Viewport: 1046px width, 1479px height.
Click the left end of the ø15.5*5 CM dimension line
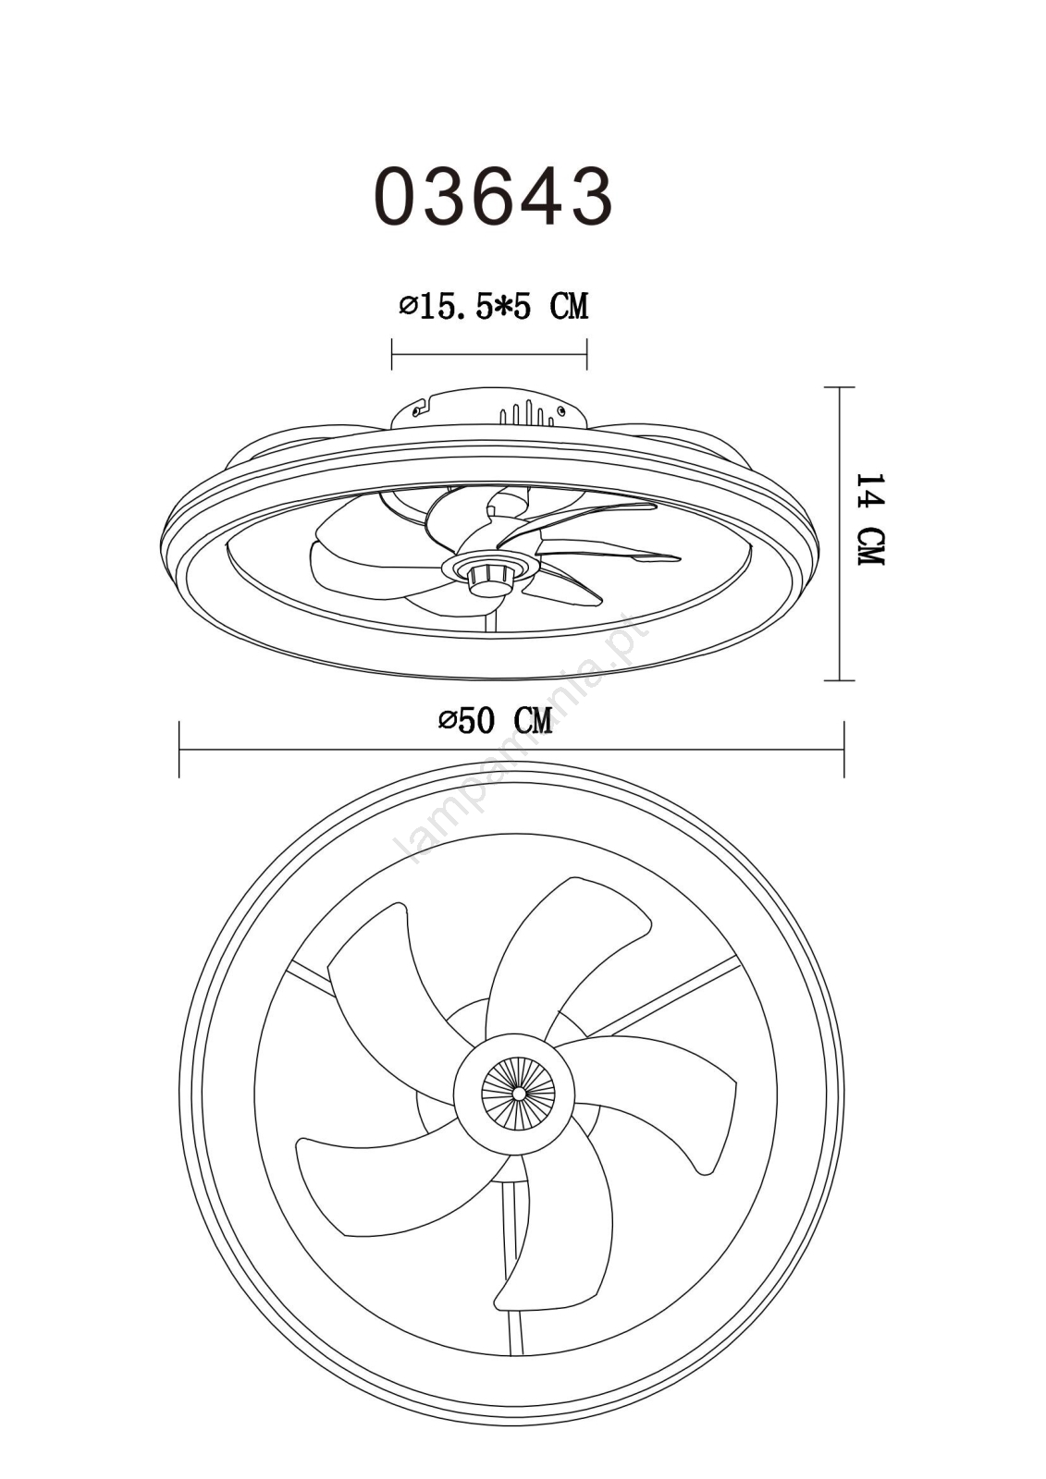392,354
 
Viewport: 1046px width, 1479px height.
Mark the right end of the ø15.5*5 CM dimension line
586,354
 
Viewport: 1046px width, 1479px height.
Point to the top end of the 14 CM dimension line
839,387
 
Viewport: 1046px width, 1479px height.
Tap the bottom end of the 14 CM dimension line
839,679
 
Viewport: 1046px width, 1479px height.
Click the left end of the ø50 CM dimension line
179,750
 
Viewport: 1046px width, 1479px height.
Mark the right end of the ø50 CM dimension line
843,750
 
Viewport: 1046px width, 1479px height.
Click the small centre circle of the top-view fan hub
520,1094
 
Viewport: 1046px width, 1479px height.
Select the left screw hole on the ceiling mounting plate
415,410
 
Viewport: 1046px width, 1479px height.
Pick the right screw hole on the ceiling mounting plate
561,411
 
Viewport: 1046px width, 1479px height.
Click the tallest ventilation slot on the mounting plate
528,412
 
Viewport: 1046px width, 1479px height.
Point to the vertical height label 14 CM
869,519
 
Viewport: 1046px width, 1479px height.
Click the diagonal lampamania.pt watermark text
522,739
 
